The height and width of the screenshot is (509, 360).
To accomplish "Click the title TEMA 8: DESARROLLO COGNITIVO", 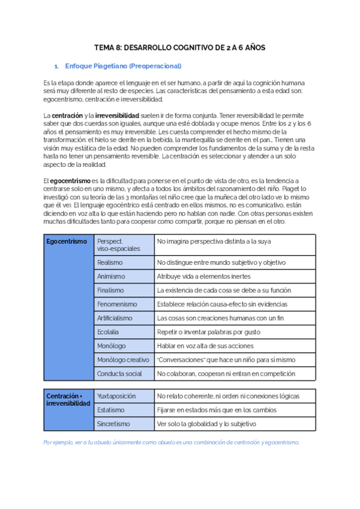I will [180, 47].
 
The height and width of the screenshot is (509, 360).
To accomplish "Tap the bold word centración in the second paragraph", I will [67, 115].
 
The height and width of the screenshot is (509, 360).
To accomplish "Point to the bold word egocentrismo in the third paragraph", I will [70, 181].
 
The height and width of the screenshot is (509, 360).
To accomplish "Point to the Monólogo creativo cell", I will [123, 360].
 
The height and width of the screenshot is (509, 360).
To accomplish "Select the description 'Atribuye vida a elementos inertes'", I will [204, 276].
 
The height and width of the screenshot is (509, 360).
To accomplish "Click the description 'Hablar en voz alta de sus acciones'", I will [205, 346].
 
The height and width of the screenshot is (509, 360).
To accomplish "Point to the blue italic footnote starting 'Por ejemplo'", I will [171, 442].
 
